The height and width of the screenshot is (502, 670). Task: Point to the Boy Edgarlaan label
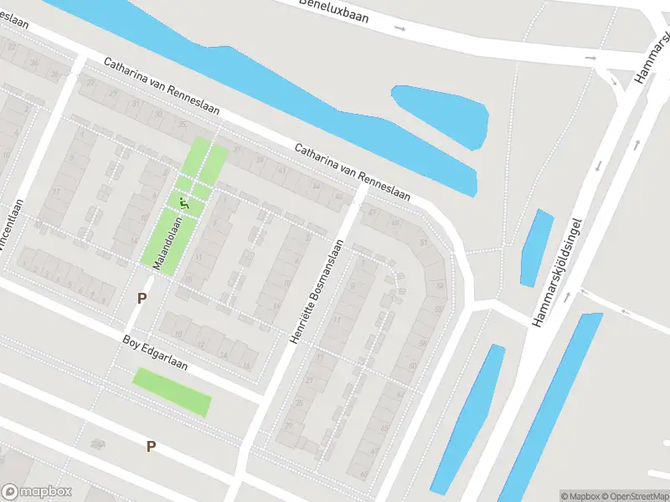tap(155, 353)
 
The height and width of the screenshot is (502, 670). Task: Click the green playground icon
tap(183, 202)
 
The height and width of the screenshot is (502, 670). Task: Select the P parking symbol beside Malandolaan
tap(142, 298)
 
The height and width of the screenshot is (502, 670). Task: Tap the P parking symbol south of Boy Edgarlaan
tap(151, 446)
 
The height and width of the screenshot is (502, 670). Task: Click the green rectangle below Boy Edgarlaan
tap(172, 392)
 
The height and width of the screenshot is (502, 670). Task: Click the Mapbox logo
tap(37, 492)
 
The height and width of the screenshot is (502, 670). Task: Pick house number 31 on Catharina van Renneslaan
tap(135, 104)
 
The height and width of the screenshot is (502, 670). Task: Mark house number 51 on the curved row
tap(424, 243)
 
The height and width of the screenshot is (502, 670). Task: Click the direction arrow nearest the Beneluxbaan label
tap(399, 29)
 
